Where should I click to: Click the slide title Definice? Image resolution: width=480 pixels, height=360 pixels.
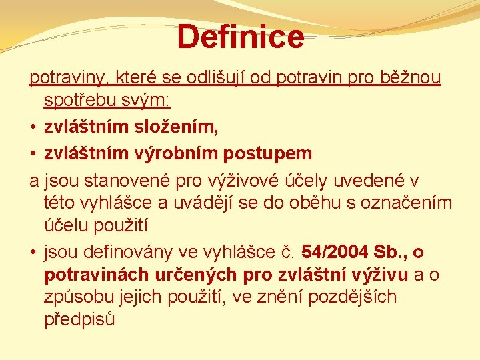pyautogui.click(x=241, y=36)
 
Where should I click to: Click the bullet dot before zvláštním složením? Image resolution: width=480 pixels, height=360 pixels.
pyautogui.click(x=33, y=127)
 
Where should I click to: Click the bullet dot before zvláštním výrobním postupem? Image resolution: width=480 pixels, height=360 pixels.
pyautogui.click(x=33, y=153)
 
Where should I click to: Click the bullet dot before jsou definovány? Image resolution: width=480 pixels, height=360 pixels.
pyautogui.click(x=33, y=253)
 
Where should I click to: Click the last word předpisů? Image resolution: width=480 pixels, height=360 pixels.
pyautogui.click(x=79, y=319)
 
